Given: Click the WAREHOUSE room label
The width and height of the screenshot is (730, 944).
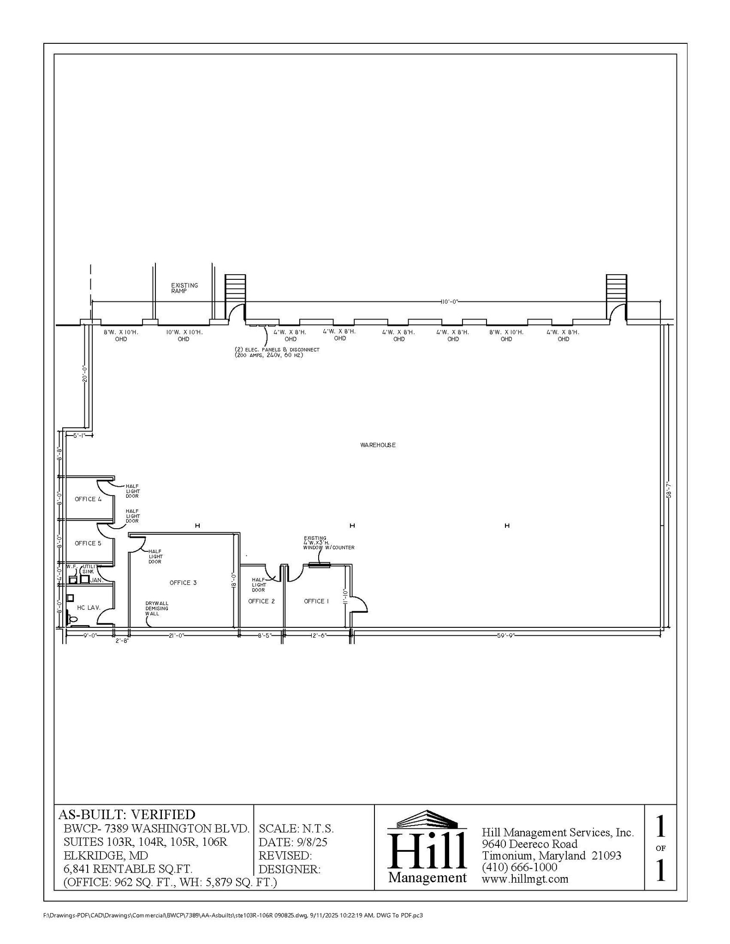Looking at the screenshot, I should pos(378,445).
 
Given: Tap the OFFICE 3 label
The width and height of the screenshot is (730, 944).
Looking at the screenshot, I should pos(183,583).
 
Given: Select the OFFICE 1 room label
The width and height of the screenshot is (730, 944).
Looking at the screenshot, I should pos(316,601).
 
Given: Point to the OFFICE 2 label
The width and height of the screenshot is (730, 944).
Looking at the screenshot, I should pos(261,601).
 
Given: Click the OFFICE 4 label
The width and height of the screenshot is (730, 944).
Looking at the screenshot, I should pos(88,499).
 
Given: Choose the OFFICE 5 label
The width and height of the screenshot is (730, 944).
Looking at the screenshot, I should pos(88,543).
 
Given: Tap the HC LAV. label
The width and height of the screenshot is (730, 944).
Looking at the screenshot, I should pos(89,608).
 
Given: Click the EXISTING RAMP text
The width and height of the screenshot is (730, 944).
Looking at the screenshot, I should pos(184,288).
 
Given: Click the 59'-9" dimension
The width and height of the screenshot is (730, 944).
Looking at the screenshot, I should pos(506,635).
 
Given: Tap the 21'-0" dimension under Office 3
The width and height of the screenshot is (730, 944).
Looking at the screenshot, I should pos(176,635).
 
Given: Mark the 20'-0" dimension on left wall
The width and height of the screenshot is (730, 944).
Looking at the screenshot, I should pos(84,374).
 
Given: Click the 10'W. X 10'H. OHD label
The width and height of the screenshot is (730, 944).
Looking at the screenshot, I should pos(184,335).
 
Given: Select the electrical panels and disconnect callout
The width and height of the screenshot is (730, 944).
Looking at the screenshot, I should pos(277,352).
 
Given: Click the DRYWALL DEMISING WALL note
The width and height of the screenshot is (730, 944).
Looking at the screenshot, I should pos(157,608).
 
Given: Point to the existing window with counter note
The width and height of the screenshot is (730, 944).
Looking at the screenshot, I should pos(328,543).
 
